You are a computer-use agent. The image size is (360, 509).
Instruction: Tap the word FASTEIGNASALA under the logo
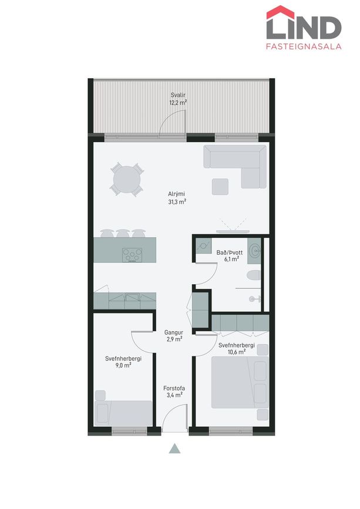tap(304, 46)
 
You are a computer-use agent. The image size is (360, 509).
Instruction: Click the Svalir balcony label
tap(178, 95)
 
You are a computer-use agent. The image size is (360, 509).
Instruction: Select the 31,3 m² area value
tap(177, 202)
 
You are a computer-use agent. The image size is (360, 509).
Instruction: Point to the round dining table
tap(127, 180)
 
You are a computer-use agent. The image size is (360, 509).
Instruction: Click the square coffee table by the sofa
tap(220, 187)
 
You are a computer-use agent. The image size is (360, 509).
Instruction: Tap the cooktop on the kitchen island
tap(132, 255)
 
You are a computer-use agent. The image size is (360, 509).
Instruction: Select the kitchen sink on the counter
tap(133, 296)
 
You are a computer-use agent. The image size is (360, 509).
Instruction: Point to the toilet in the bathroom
tap(254, 275)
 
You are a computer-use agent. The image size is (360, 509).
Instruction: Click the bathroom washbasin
tap(254, 251)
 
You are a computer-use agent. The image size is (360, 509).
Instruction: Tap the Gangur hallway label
tap(174, 332)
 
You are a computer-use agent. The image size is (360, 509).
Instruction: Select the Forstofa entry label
tap(174, 388)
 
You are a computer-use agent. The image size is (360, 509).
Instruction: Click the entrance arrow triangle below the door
tap(174, 449)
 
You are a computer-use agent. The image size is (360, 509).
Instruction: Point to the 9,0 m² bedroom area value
tap(123, 365)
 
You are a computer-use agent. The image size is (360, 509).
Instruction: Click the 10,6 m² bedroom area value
tap(236, 352)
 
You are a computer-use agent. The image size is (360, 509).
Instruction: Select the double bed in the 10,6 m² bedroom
tap(240, 382)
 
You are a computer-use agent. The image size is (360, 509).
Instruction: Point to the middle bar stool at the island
tap(123, 233)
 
